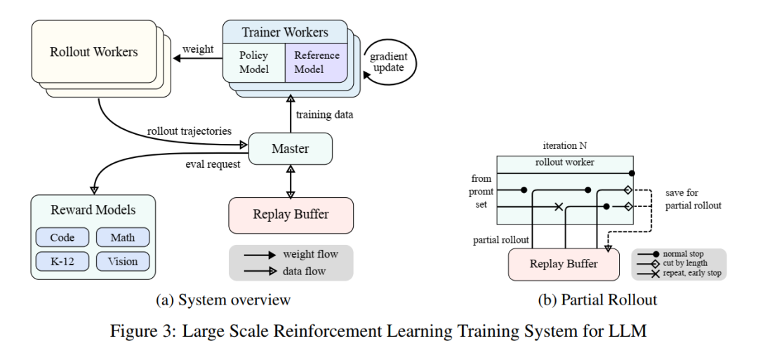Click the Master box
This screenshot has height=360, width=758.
pos(290,148)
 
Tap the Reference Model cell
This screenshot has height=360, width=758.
pos(314,62)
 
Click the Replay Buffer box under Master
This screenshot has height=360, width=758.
pos(291,215)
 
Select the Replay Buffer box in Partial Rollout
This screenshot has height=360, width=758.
pos(563,265)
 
